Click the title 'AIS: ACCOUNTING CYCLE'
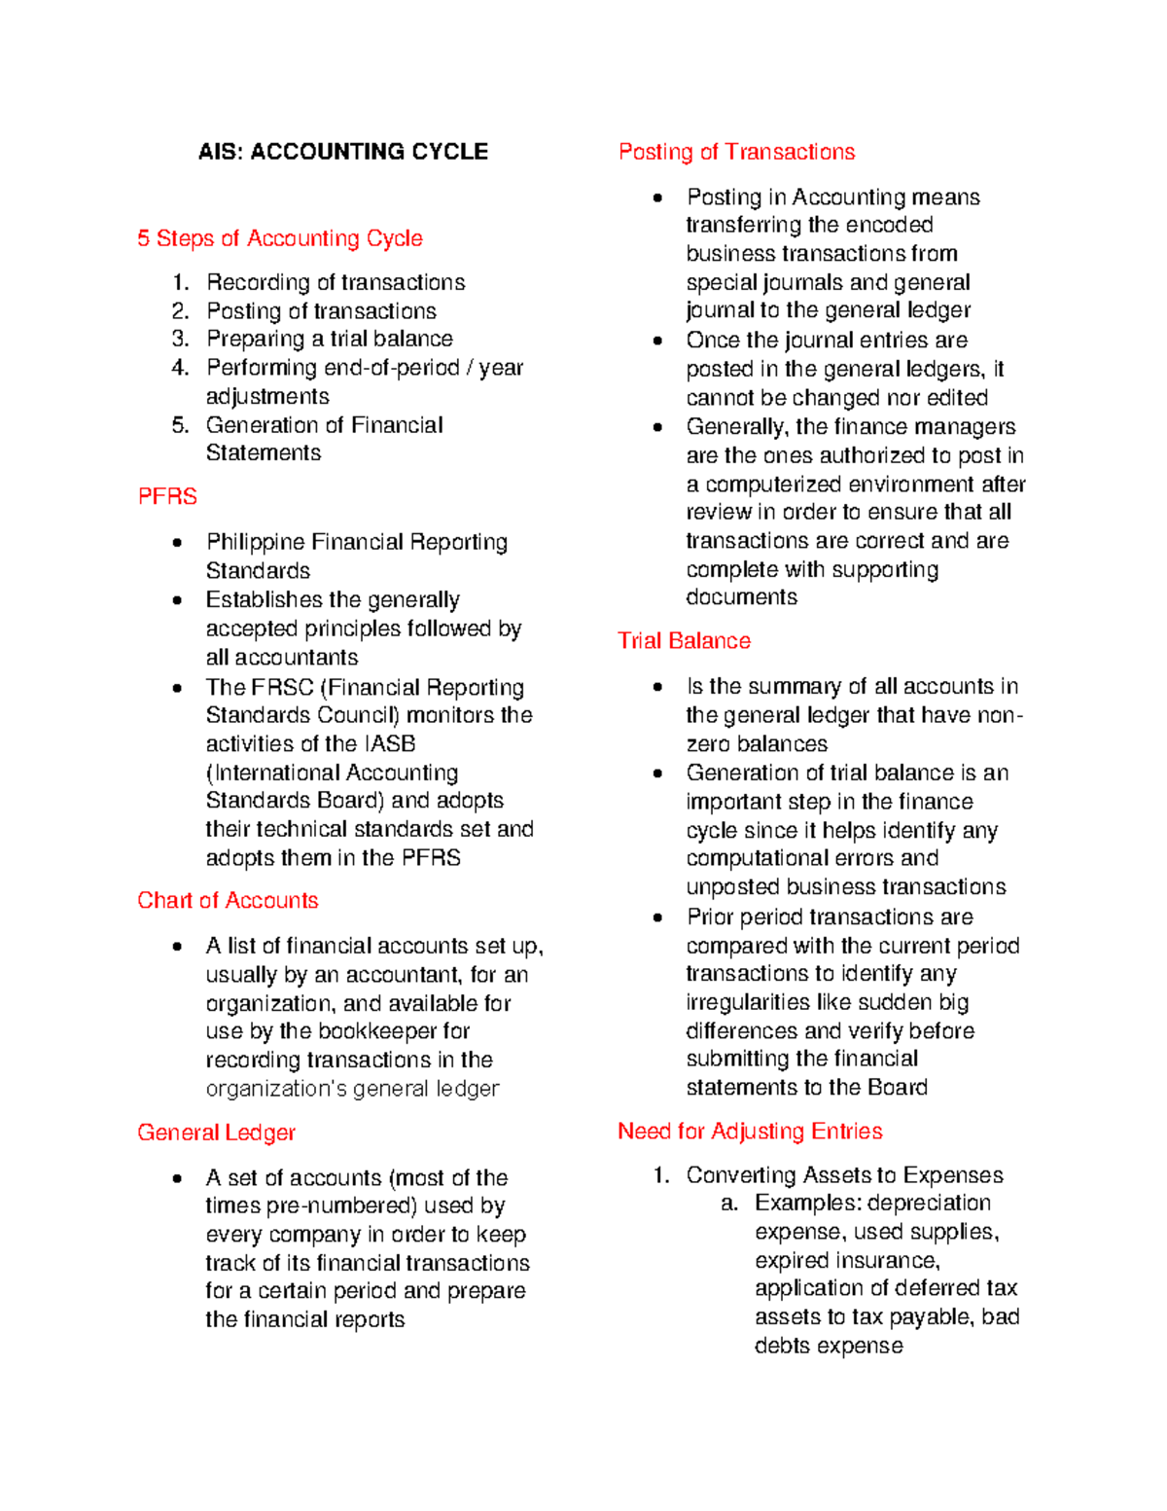[342, 152]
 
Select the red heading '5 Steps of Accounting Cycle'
[279, 238]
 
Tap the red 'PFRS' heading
[167, 496]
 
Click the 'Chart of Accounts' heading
[228, 900]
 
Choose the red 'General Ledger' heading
[216, 1133]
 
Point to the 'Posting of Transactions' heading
[736, 152]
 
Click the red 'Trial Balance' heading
[684, 640]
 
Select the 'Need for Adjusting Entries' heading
[750, 1131]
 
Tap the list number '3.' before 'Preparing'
[180, 339]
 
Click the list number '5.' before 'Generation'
[180, 425]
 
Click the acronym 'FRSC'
[282, 687]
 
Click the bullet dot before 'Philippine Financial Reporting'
[176, 543]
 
